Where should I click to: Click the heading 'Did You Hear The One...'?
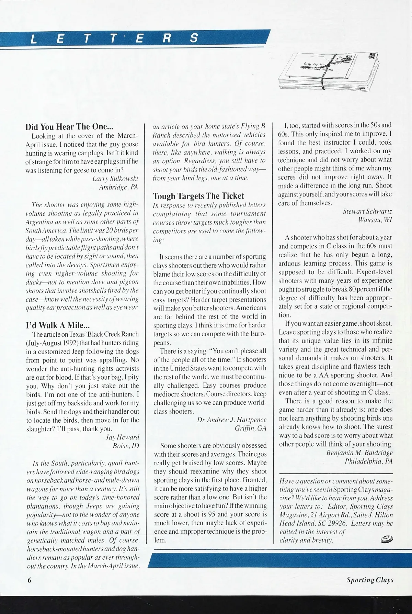[69, 127]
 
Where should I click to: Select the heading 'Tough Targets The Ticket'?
[198, 196]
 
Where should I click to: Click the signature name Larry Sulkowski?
[115, 179]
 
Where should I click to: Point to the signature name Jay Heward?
[122, 437]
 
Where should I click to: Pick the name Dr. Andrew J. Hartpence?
[232, 420]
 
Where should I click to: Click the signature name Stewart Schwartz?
[367, 211]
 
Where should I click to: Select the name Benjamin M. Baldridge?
[359, 453]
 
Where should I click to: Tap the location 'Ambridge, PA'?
[118, 187]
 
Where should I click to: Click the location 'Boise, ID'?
[126, 446]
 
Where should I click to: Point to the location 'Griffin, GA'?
[250, 428]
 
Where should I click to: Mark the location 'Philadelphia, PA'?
[368, 461]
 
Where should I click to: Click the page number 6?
[29, 580]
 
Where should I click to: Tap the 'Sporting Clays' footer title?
[370, 580]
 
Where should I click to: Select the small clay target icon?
[386, 540]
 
